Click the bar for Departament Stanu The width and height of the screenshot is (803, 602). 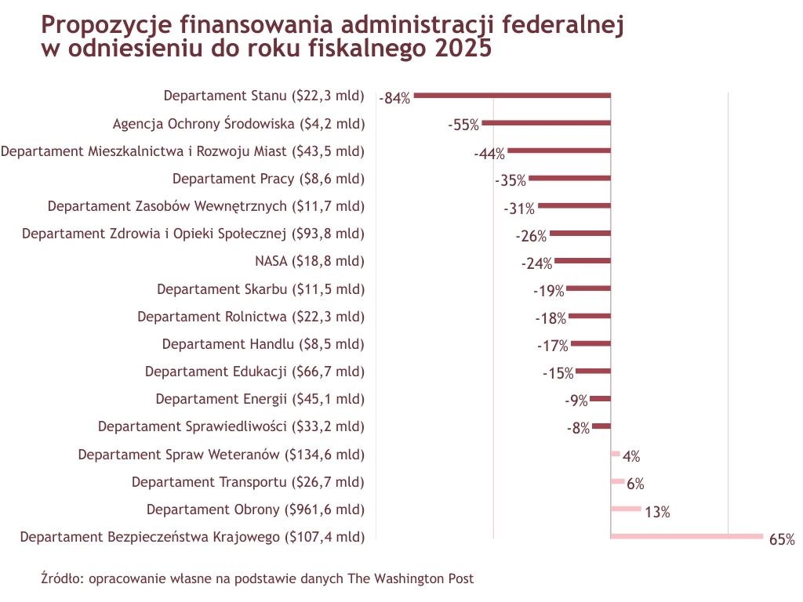(512, 96)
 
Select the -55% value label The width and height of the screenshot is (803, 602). (463, 125)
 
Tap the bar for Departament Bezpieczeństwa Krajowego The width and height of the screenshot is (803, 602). (686, 536)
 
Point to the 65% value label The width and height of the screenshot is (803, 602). (782, 539)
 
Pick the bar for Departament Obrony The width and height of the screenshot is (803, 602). (625, 509)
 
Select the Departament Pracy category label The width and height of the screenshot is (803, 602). (268, 179)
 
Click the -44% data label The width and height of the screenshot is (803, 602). (489, 154)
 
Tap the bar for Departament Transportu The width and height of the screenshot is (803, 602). (617, 481)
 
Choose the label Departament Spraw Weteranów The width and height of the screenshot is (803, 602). (221, 454)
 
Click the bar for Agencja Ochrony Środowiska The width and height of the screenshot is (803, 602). (546, 123)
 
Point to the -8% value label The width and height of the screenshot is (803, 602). (578, 428)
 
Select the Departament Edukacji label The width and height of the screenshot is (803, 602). (255, 372)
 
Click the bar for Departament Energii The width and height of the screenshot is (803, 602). (600, 399)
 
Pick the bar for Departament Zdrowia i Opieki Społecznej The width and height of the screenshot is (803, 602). (580, 234)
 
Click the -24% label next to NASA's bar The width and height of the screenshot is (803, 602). (536, 263)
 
